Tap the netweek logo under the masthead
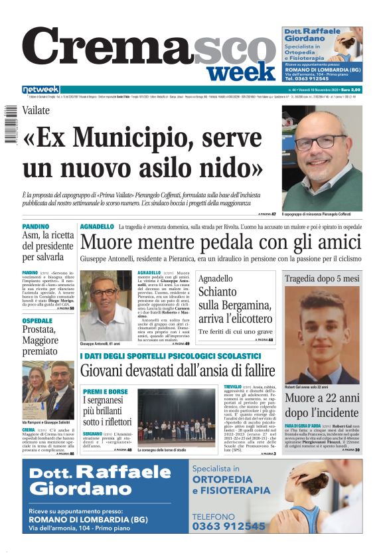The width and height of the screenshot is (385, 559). click(41, 90)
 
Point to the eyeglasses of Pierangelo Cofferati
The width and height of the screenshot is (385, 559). click(321, 141)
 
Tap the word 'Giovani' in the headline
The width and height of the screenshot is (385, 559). click(110, 370)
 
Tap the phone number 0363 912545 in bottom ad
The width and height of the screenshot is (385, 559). click(228, 525)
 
